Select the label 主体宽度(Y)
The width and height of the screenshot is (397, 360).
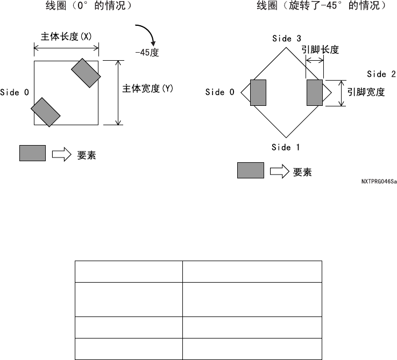click(x=148, y=89)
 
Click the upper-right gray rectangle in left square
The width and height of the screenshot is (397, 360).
click(x=86, y=73)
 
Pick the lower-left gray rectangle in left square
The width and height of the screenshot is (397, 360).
click(x=46, y=112)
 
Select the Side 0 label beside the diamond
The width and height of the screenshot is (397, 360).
click(x=220, y=92)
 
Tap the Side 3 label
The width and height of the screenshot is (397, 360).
click(x=286, y=39)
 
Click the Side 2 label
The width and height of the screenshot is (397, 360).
click(x=381, y=74)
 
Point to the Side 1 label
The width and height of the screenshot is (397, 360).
click(x=286, y=148)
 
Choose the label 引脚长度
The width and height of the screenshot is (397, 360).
click(x=320, y=49)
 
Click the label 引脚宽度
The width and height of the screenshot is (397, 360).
click(x=366, y=92)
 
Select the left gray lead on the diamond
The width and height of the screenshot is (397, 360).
click(x=258, y=92)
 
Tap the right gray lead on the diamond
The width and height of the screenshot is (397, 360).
click(x=314, y=92)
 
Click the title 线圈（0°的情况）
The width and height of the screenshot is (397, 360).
click(x=89, y=7)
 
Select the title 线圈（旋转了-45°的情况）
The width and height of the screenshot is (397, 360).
click(x=321, y=7)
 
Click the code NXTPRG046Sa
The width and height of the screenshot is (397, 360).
click(x=379, y=182)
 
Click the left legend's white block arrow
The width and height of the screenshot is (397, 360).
click(x=61, y=155)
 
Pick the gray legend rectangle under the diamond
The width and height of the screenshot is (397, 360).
click(x=251, y=170)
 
